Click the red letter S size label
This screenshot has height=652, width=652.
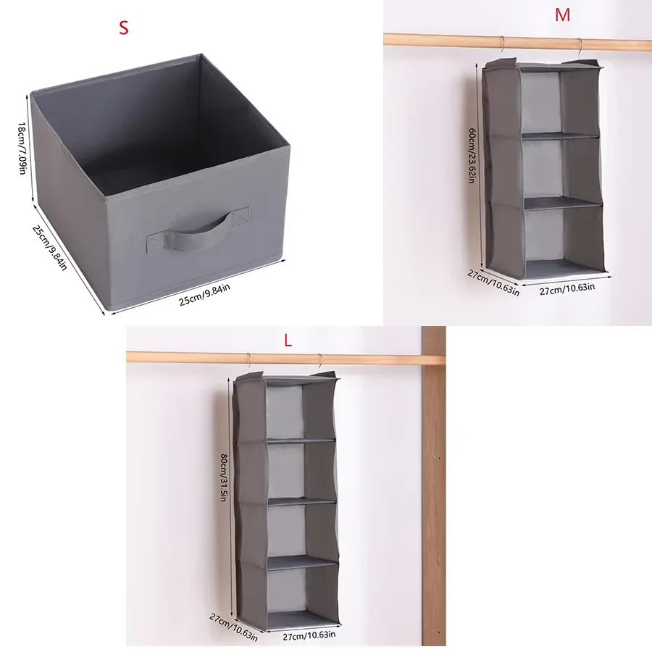[x=123, y=28]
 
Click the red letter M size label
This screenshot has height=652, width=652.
[x=562, y=15]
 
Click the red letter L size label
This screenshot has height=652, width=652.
[x=288, y=341]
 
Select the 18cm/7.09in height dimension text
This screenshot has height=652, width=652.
[x=22, y=148]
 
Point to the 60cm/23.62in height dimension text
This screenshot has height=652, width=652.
[x=472, y=156]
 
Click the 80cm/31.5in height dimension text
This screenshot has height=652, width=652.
[x=223, y=477]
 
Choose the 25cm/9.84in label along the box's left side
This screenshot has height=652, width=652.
[x=49, y=248]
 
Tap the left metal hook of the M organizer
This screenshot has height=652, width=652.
[x=502, y=45]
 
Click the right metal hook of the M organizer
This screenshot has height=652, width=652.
[x=580, y=46]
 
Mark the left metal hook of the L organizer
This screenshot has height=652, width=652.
[x=248, y=361]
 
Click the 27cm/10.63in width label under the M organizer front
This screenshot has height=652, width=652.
[x=567, y=288]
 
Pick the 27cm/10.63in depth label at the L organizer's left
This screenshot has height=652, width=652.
[x=233, y=627]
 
